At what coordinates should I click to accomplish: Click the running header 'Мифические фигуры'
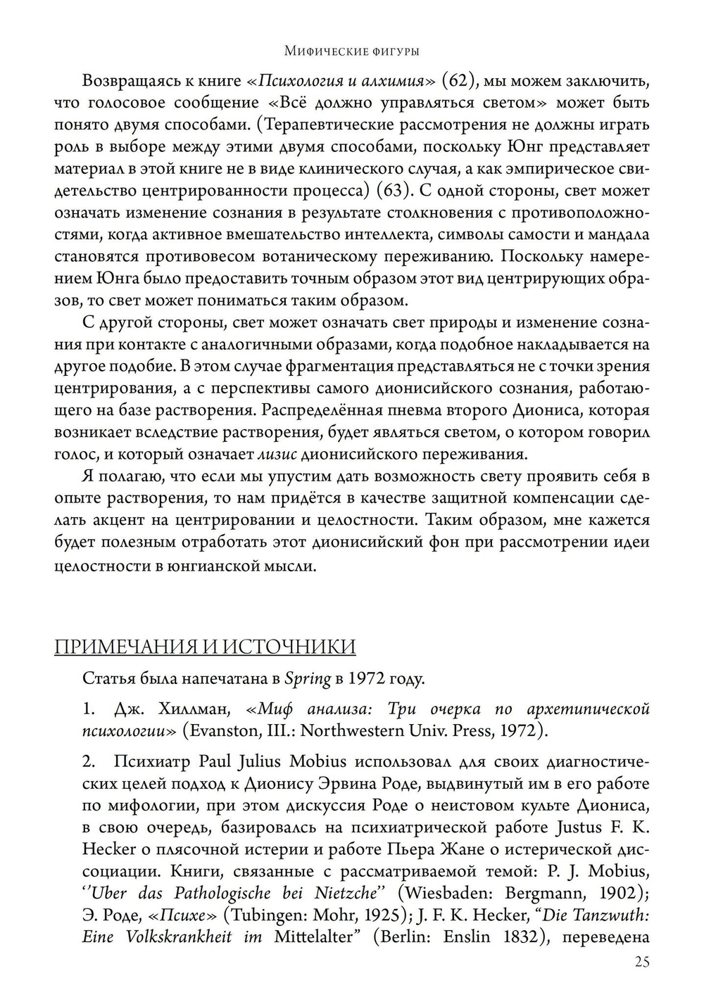[352, 51]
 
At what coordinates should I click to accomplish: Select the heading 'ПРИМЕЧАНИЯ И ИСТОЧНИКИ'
[205, 647]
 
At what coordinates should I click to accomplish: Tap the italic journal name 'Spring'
[308, 679]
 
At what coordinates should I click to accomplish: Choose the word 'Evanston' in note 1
[221, 730]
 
